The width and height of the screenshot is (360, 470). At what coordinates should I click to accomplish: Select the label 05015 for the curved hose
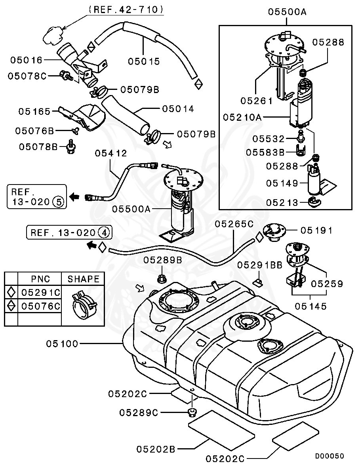(144, 61)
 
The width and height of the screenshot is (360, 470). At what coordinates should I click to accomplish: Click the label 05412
(111, 153)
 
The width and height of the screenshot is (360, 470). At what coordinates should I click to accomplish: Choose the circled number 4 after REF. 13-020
(104, 232)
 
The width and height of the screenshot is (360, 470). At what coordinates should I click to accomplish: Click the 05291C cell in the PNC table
(40, 293)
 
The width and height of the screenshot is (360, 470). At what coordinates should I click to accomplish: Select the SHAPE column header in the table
(83, 279)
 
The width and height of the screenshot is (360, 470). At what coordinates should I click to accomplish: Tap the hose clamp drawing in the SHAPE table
(84, 304)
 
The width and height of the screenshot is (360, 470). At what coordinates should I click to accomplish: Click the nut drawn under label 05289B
(161, 278)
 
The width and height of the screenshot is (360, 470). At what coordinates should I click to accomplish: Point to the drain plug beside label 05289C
(192, 413)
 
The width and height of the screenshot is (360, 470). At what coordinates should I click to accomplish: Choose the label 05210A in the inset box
(241, 117)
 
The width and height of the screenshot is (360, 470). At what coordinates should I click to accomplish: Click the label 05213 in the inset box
(282, 202)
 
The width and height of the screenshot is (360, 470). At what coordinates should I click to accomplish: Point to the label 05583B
(265, 152)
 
